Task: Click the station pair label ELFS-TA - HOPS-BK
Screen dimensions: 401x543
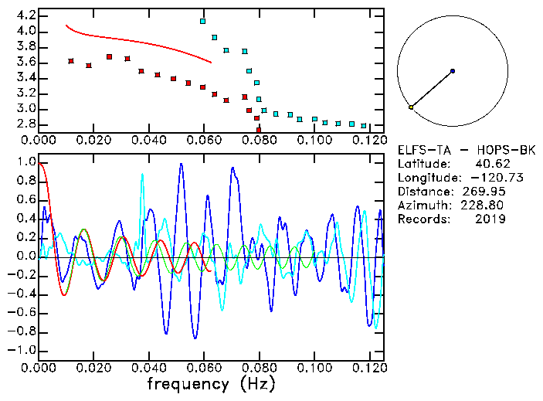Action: point(455,150)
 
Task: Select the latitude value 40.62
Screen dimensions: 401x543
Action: point(490,164)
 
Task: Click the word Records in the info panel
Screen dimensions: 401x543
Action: point(423,219)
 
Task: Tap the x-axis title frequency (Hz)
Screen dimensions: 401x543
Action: point(211,384)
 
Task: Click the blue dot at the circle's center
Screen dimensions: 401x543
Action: point(452,71)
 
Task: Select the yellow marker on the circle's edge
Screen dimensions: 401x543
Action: point(411,107)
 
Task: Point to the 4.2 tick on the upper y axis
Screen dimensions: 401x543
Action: point(25,15)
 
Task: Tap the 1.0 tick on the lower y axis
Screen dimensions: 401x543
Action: point(25,162)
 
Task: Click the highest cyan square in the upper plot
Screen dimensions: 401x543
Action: point(203,22)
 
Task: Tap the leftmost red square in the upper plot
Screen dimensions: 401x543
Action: point(71,61)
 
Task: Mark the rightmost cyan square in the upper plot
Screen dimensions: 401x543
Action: point(364,125)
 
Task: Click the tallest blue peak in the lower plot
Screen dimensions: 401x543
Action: point(182,164)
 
